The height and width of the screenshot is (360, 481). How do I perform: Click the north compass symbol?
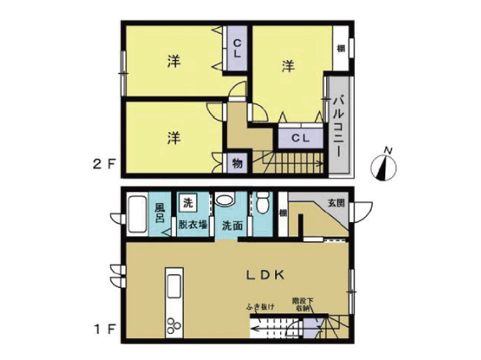389,163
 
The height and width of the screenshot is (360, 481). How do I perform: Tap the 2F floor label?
102,165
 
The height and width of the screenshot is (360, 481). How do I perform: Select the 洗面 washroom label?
233,225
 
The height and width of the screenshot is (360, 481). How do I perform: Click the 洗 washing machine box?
189,203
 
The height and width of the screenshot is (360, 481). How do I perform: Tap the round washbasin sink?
224,202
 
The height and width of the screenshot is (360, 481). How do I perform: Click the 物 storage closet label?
237,163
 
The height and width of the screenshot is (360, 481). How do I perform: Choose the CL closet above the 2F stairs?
300,137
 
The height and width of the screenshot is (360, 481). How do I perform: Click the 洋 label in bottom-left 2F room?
173,137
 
